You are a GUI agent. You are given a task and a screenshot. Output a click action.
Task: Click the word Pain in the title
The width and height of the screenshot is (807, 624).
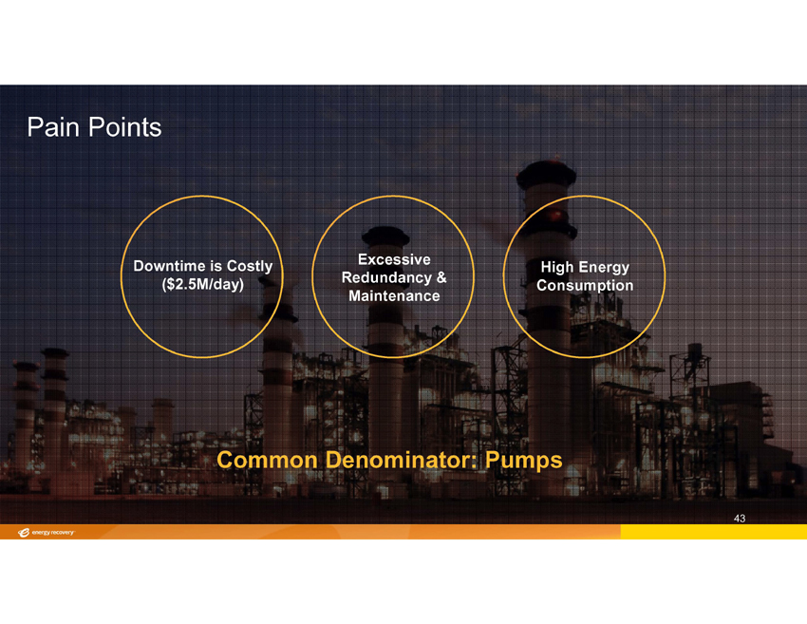click(52, 127)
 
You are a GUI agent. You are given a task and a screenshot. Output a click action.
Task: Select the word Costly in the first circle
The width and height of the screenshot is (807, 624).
click(250, 266)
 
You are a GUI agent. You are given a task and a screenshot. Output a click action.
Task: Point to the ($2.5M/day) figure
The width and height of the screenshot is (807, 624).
click(203, 284)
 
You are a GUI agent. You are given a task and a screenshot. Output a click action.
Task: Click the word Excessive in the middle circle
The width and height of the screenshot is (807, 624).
click(394, 259)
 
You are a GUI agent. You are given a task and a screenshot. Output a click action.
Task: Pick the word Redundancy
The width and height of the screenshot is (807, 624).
click(386, 278)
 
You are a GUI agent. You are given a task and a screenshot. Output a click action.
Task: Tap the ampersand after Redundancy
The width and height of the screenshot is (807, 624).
click(441, 277)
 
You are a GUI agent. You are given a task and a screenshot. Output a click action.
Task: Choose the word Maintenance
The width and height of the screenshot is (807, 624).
click(394, 296)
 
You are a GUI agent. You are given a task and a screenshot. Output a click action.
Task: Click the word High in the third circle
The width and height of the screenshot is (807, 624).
click(557, 267)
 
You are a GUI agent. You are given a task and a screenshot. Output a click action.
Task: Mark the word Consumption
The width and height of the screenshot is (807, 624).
click(585, 285)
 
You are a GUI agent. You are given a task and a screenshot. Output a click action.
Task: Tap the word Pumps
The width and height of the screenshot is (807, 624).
click(524, 461)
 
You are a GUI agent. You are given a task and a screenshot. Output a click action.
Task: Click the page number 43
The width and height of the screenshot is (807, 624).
click(740, 519)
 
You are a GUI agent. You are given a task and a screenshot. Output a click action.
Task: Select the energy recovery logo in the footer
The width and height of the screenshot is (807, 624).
click(46, 533)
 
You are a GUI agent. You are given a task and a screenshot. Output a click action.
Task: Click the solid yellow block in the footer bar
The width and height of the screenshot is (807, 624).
click(713, 532)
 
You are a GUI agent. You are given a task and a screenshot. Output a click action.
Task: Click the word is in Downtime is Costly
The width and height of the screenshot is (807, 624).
click(216, 266)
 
